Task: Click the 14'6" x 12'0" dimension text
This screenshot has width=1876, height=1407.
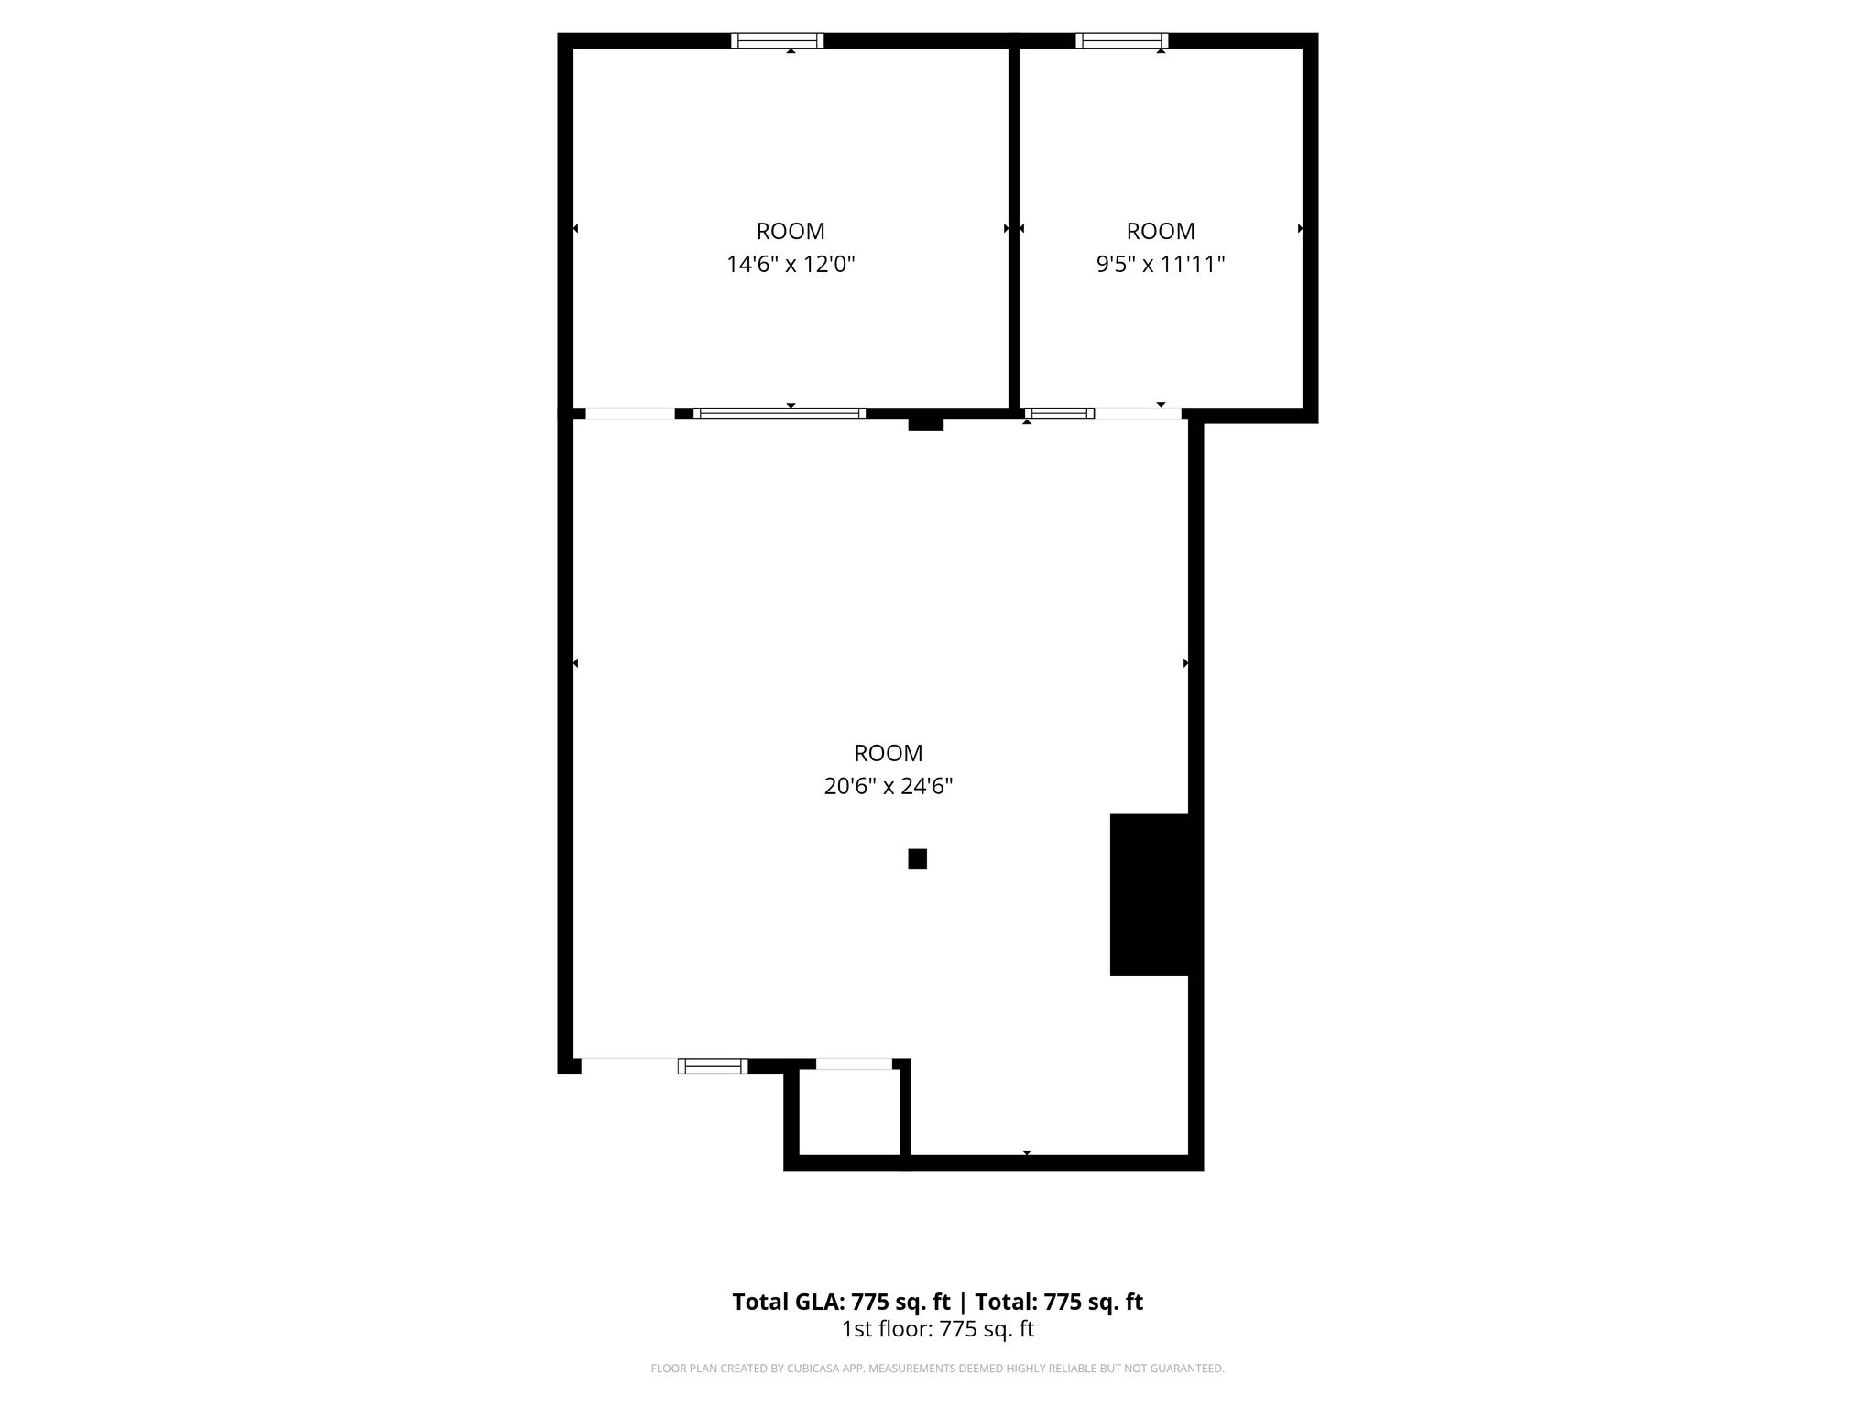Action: (x=791, y=265)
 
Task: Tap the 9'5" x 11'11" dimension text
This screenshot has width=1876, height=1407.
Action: (x=1161, y=265)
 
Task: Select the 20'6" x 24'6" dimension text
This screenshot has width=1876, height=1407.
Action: (x=889, y=786)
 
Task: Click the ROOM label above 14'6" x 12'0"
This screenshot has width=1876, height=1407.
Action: (x=791, y=231)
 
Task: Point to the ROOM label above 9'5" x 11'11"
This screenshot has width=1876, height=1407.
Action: (x=1161, y=231)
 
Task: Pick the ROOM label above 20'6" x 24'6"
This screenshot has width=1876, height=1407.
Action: (x=889, y=753)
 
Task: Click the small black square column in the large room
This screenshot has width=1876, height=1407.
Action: (x=917, y=859)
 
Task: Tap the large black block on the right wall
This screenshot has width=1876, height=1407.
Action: (x=1150, y=894)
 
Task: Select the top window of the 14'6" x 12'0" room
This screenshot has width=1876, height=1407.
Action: (x=777, y=40)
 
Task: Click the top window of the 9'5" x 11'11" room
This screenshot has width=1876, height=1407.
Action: (x=1121, y=40)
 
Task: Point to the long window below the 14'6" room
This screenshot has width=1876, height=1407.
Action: (x=780, y=413)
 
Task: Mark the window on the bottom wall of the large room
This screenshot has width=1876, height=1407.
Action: (x=713, y=1065)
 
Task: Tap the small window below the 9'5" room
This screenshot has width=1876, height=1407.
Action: (x=1059, y=413)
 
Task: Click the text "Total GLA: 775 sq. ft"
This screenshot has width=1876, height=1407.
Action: (x=841, y=1302)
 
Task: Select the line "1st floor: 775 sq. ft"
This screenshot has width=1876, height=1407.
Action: (x=937, y=1329)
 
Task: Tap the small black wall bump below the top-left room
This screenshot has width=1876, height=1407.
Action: (x=925, y=423)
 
